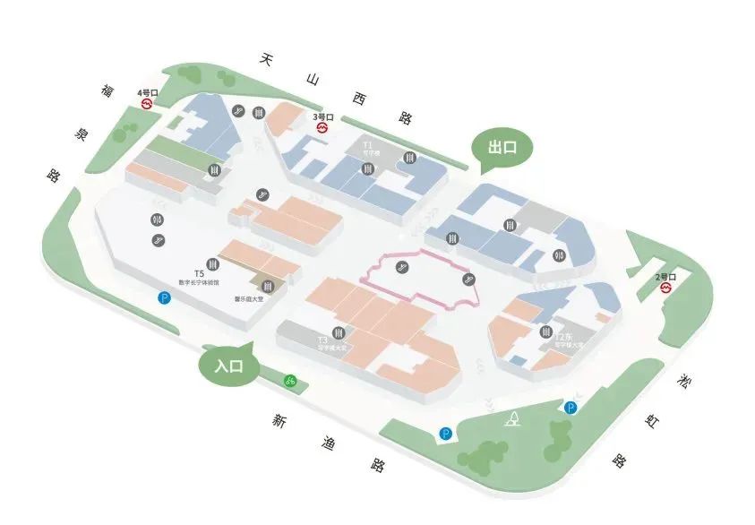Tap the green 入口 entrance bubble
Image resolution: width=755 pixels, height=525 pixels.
pos(229,366)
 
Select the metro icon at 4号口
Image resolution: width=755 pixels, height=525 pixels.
pos(147,104)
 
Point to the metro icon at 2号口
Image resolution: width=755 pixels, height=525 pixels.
pos(665,288)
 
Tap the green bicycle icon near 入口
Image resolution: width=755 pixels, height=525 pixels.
pos(289,381)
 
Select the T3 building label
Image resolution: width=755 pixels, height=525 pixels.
pos(322,340)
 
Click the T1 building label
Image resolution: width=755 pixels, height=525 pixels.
pos(367,144)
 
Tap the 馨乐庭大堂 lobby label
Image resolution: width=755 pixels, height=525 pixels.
pos(249,298)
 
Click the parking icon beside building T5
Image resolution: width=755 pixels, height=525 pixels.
pos(164,297)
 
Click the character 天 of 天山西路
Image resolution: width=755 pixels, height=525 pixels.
pos(264,59)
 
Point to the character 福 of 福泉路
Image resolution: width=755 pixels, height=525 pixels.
pos(107,90)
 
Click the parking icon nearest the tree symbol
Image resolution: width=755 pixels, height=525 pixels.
pos(571,408)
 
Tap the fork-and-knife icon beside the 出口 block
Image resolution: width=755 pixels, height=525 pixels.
pos(559,255)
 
